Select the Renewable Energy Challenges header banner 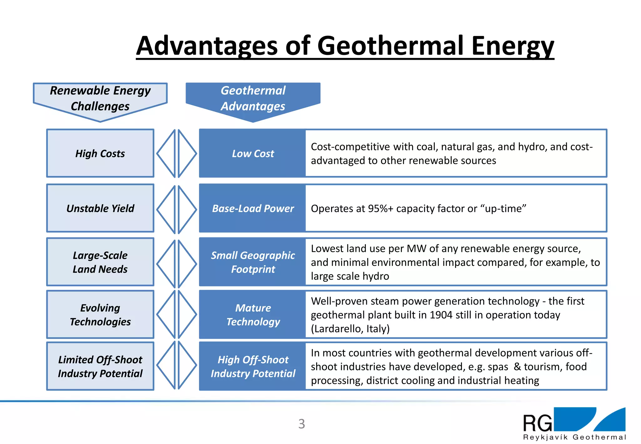[100, 98]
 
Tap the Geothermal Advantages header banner [253, 98]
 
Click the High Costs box [100, 153]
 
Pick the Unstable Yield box [100, 208]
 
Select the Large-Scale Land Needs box [100, 262]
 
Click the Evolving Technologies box [100, 314]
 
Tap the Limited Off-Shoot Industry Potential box [100, 366]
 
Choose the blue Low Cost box [253, 153]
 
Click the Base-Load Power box [253, 208]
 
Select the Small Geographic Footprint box [253, 262]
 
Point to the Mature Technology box [253, 314]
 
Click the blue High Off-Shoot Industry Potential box [253, 366]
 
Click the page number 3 [301, 424]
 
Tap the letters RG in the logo [537, 423]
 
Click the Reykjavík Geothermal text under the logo [574, 437]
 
